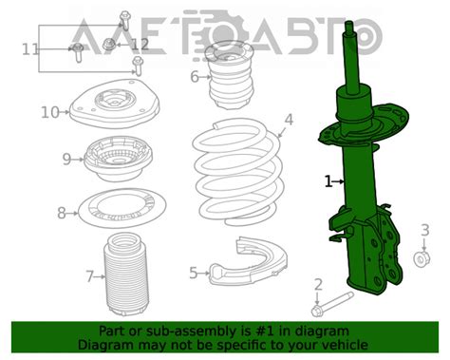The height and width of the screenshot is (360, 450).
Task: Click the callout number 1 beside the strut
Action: (x=328, y=180)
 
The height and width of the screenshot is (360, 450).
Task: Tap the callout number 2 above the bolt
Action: (x=319, y=284)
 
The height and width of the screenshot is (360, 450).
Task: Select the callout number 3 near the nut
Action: (x=425, y=230)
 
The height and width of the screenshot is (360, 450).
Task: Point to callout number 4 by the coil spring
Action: (x=289, y=121)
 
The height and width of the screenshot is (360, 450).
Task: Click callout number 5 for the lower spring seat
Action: (x=194, y=274)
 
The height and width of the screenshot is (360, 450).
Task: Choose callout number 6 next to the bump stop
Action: (x=195, y=77)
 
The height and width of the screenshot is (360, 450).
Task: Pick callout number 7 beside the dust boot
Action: (x=89, y=276)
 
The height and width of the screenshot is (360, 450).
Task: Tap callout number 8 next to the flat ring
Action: (x=62, y=213)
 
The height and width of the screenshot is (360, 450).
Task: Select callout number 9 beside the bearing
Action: (x=66, y=159)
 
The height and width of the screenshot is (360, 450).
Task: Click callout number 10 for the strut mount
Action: (x=49, y=112)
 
